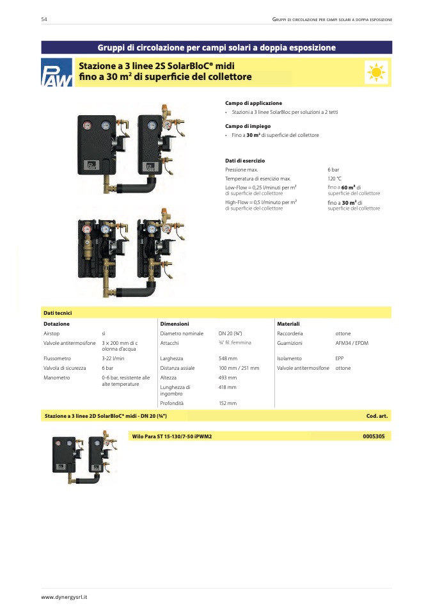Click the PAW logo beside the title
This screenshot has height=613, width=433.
click(57, 72)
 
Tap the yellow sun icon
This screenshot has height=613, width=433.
click(376, 72)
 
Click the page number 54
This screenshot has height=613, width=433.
click(44, 19)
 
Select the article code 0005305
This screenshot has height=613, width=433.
click(374, 436)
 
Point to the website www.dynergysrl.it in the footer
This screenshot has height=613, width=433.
click(64, 597)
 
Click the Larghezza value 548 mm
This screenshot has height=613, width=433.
click(228, 358)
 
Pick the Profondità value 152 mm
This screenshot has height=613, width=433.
click(228, 403)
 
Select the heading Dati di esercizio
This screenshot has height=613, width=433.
click(245, 161)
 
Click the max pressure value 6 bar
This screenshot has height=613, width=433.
click(333, 170)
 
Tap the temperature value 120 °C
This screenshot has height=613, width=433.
click(335, 179)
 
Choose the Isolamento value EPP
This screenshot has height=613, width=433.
click(339, 358)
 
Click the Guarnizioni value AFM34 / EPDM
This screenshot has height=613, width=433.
click(352, 343)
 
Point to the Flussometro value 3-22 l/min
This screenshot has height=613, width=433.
click(113, 358)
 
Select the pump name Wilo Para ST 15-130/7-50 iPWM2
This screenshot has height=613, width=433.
click(172, 436)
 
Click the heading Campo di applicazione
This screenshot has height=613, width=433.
click(254, 103)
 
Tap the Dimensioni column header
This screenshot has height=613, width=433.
click(175, 324)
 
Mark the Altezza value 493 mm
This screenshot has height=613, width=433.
click(228, 378)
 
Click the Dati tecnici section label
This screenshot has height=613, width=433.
click(58, 313)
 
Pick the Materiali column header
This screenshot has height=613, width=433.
click(288, 324)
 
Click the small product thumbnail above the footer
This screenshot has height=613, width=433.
click(84, 458)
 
